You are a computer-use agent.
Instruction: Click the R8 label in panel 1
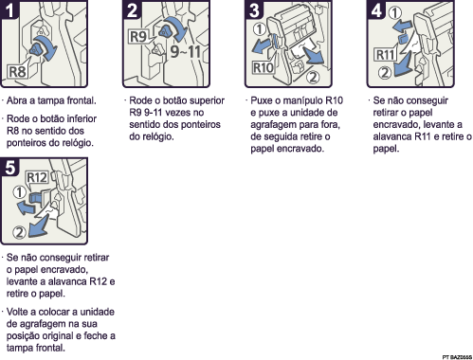[17, 69]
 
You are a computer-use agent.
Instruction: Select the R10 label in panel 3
[264, 68]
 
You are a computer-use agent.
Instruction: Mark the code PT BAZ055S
[454, 353]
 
